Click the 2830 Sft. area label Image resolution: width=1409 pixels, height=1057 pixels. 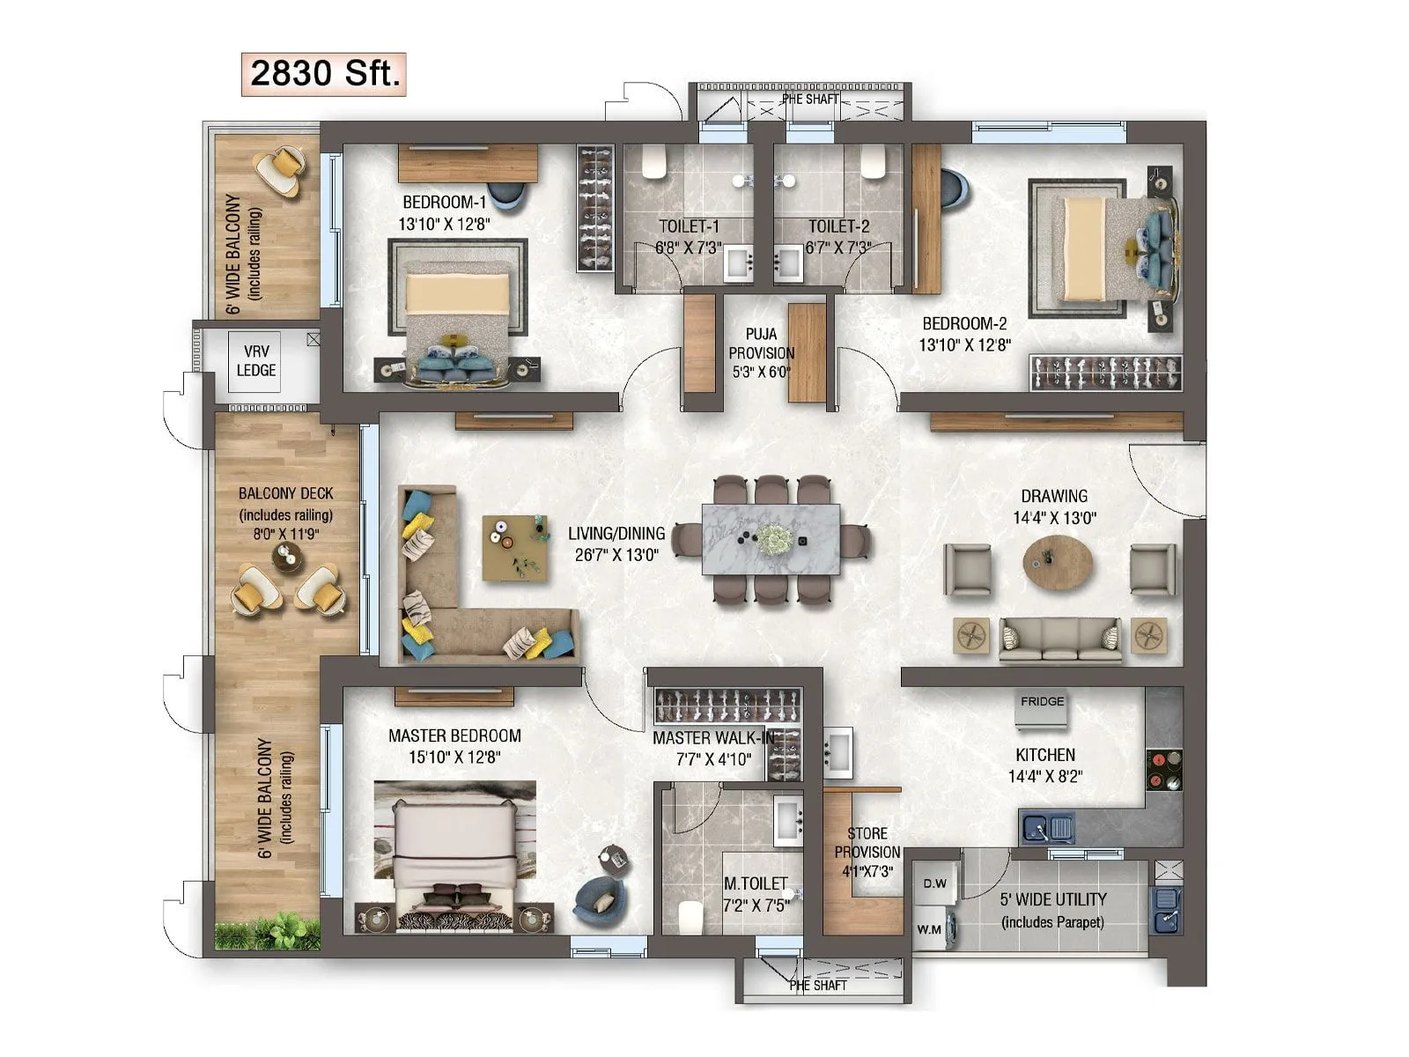point(323,73)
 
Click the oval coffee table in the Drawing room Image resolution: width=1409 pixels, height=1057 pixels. point(1058,558)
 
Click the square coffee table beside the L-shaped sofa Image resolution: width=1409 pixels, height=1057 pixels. point(514,548)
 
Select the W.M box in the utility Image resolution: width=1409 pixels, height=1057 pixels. point(929,928)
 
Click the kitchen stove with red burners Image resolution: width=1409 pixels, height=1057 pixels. point(1164,769)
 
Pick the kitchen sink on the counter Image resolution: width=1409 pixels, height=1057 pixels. point(1048,829)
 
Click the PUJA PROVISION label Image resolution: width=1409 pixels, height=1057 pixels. point(761,352)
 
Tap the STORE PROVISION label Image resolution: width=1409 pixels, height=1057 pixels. point(867,852)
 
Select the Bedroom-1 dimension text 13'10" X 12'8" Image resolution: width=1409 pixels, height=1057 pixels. point(444,224)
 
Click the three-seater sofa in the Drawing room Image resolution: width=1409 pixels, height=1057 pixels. point(1060,639)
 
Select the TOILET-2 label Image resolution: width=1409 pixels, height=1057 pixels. point(838,226)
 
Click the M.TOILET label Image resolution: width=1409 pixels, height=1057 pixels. point(756,883)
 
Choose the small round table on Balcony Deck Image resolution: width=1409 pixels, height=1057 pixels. point(286,557)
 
